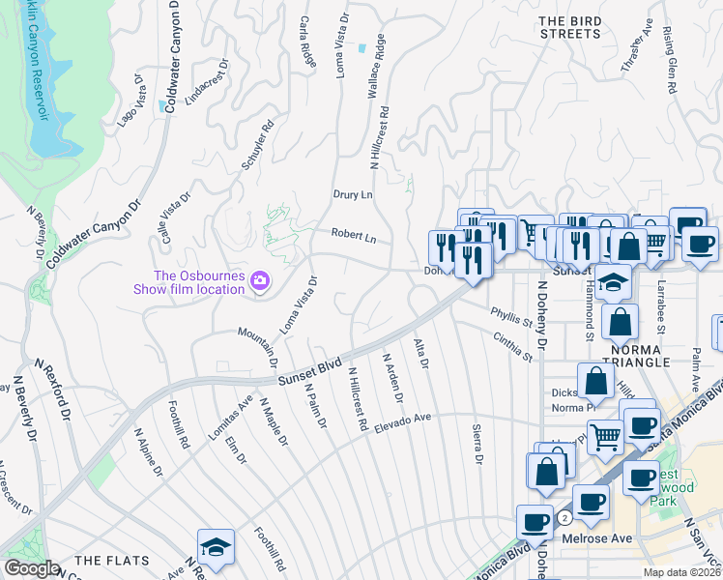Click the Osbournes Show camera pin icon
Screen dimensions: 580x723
tap(260, 281)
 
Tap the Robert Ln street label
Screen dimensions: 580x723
tap(353, 235)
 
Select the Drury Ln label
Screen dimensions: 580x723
tap(353, 194)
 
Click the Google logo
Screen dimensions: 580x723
tap(31, 568)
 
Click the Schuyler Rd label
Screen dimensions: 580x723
tap(264, 140)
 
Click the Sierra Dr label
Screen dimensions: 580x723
tap(477, 444)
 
